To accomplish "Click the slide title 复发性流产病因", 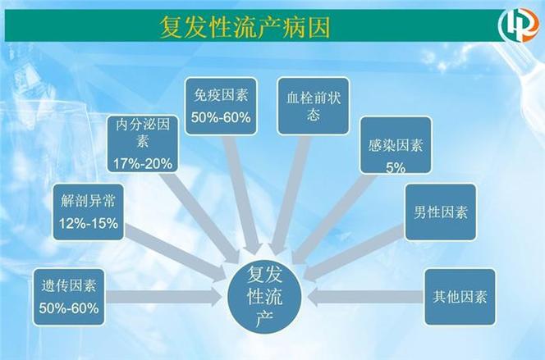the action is pos(245,27).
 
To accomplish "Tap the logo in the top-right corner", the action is pos(519,25).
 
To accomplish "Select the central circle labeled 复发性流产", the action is pos(265,297).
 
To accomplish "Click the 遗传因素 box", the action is pos(69,297).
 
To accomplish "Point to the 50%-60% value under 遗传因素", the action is pos(69,308).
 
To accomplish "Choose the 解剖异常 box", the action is pos(89,212).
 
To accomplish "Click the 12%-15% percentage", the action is pos(89,223).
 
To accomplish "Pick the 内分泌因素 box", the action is pos(143,144).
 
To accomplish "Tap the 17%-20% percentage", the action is pos(143,163).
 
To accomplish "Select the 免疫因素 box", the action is pos(221,107).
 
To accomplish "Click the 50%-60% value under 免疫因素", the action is pos(221,118).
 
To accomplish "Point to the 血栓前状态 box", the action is pos(314,106).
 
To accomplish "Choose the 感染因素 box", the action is pos(396,145).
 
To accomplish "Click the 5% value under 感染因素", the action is pos(396,167).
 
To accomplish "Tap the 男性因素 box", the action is pos(441,212).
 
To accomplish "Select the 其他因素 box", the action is pos(460,297).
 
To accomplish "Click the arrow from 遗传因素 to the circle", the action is pos(164,297).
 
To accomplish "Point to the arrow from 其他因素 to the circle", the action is pos(365,297).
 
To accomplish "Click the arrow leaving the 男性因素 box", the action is pos(354,253).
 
